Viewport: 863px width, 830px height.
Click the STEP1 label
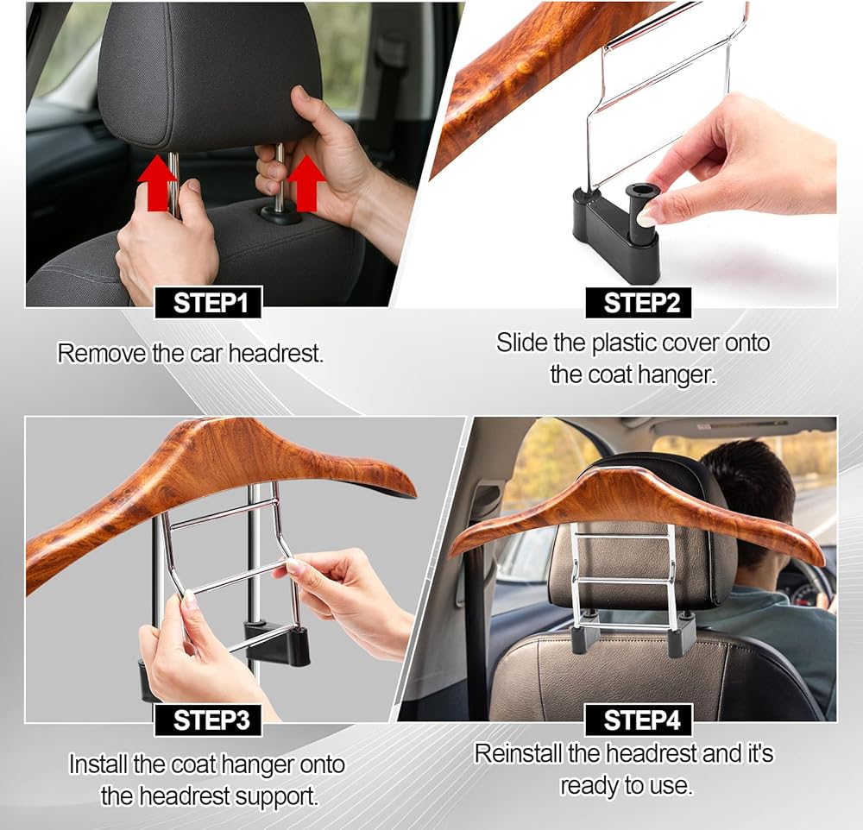pyautogui.click(x=208, y=302)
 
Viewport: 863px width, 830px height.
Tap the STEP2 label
pyautogui.click(x=638, y=302)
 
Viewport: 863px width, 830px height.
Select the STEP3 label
pyautogui.click(x=208, y=720)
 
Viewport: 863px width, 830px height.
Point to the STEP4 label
pyautogui.click(x=638, y=720)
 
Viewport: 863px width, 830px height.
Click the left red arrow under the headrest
pyautogui.click(x=157, y=183)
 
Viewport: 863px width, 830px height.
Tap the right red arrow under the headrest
pyautogui.click(x=306, y=183)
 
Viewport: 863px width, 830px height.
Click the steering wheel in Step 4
pyautogui.click(x=809, y=583)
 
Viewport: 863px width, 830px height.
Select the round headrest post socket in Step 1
pyautogui.click(x=281, y=213)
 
